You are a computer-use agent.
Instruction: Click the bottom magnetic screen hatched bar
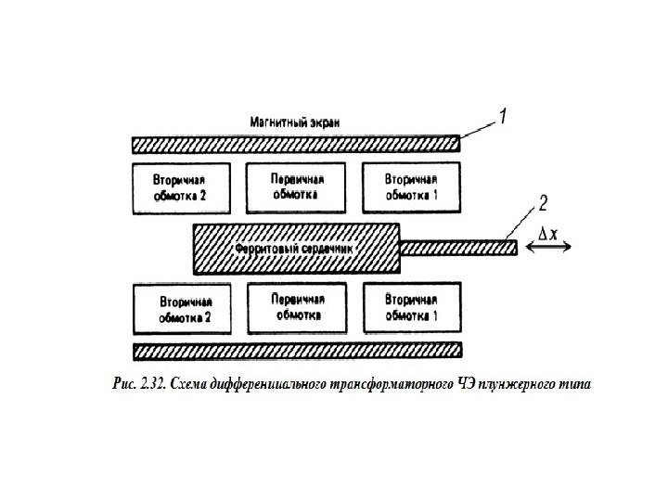(x=297, y=351)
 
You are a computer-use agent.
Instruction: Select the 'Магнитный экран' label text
(x=295, y=122)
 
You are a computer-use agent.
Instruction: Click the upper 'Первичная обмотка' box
(x=296, y=187)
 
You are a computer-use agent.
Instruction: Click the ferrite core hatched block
(x=296, y=250)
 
